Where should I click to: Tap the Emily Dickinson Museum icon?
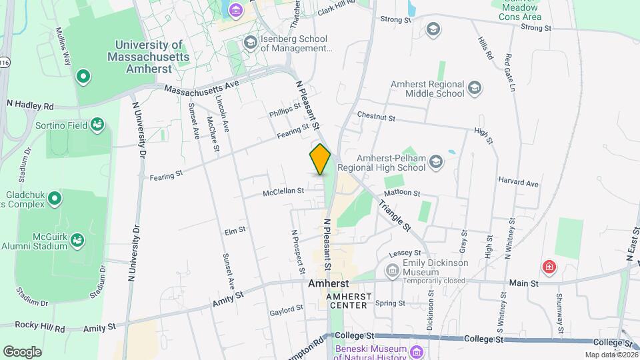392,270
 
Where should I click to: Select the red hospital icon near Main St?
549,267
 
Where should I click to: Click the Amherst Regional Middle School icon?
475,87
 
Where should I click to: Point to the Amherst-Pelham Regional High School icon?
435,161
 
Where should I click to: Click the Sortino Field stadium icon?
97,124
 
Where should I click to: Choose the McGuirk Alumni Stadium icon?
78,239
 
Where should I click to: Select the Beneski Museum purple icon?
417,351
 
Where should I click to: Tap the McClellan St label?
283,191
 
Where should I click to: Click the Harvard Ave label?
518,183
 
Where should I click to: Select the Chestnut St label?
376,116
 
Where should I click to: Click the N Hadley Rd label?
29,105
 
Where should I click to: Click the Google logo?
22,351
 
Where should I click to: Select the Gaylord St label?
287,311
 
